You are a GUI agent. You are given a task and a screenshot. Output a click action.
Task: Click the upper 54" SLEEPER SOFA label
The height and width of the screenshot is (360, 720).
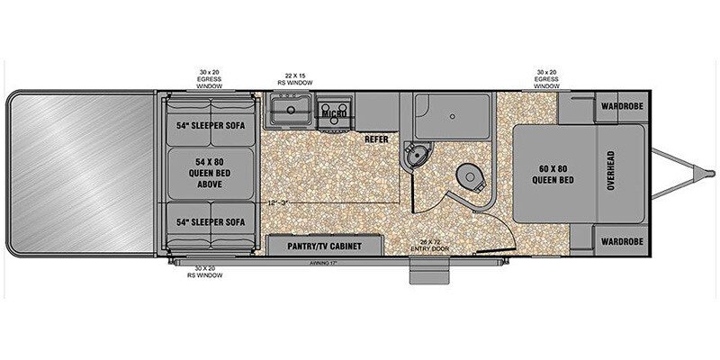(x=210, y=126)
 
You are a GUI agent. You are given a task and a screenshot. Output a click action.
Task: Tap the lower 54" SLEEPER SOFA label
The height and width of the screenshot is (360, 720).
(x=210, y=222)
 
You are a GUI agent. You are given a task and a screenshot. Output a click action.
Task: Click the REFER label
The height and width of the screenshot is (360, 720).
(x=376, y=139)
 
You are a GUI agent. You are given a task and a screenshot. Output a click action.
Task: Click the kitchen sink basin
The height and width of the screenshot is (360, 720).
(x=289, y=112)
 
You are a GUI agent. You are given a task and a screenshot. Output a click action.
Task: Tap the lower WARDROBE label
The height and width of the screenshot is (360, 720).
(x=621, y=242)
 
